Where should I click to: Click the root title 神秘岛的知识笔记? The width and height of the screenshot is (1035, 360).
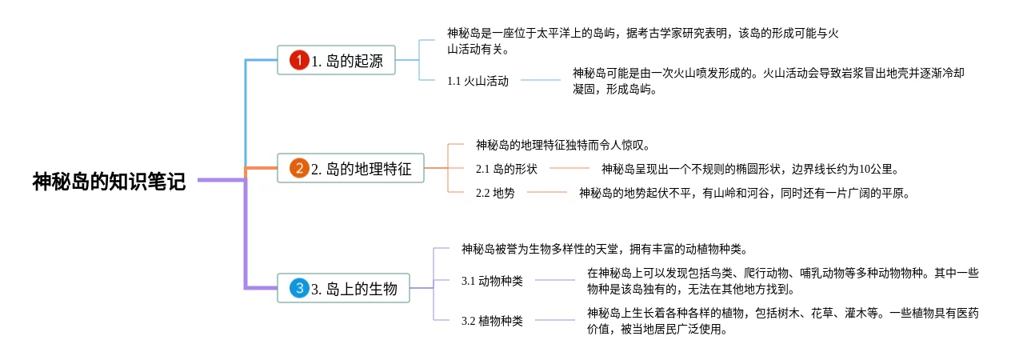click(x=109, y=181)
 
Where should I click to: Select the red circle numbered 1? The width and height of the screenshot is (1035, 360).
click(x=299, y=60)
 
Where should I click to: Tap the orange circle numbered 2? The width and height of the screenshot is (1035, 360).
click(x=299, y=168)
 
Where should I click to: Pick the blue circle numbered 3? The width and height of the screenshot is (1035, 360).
click(x=299, y=288)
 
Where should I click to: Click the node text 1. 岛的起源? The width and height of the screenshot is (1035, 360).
click(x=347, y=61)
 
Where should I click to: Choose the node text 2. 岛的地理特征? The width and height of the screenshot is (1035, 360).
click(x=362, y=169)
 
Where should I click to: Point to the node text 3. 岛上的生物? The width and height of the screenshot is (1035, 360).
click(x=354, y=290)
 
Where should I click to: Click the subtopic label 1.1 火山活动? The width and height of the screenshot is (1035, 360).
click(x=478, y=82)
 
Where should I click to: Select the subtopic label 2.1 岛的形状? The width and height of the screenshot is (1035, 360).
click(x=506, y=169)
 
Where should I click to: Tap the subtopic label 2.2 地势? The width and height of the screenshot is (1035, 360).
click(x=495, y=193)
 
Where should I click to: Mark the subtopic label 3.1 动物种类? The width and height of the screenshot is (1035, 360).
click(x=492, y=281)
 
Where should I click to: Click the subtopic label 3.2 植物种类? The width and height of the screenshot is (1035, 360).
click(x=492, y=321)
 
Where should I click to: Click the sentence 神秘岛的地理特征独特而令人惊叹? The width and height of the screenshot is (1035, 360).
click(x=560, y=145)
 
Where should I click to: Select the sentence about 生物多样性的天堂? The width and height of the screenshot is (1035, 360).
click(x=605, y=249)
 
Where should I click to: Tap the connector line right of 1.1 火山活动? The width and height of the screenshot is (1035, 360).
click(x=541, y=80)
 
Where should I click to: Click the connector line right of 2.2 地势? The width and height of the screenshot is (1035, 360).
click(x=546, y=192)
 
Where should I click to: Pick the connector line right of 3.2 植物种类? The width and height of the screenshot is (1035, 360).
click(x=555, y=320)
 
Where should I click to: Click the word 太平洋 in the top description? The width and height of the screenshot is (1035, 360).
click(x=553, y=34)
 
